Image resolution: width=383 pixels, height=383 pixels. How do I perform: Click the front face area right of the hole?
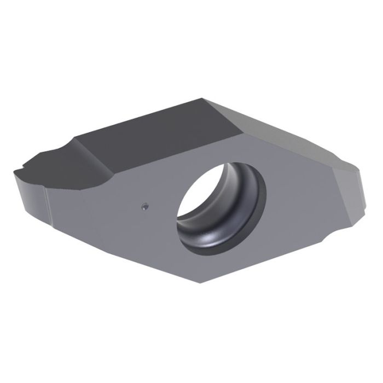click(x=295, y=208)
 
